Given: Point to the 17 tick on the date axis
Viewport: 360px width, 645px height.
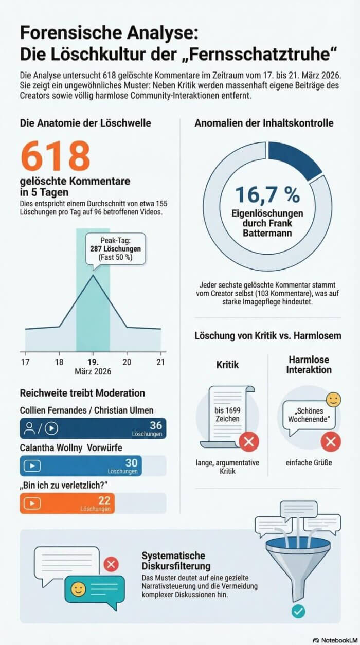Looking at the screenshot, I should coord(25,361).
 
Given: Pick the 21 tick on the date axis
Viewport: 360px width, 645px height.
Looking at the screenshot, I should coord(160,361).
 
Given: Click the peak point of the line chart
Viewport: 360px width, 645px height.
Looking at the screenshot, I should coord(93,275).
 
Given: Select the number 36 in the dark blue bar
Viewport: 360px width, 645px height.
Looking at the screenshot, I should coord(155,425).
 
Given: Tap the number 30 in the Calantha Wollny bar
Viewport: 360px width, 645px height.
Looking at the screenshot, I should coord(132,463).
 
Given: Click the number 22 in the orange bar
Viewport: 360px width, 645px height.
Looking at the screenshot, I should coord(104,500).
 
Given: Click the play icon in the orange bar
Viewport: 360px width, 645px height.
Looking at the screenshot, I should coord(32,504).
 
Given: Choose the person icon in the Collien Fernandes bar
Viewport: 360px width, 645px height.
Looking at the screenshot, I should coord(30,428).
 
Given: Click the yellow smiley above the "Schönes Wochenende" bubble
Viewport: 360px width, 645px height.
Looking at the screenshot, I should coord(334,400).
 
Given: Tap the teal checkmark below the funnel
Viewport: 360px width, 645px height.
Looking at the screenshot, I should coord(298,612).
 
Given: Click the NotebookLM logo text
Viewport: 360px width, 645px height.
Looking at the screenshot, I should coord(334,640).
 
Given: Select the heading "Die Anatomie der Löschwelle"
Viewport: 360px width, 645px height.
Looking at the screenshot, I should coord(85,123).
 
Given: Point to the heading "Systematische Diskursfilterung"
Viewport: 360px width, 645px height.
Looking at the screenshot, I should coord(173,561).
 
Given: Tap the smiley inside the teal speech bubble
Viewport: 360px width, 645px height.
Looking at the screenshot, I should coord(79,589).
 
